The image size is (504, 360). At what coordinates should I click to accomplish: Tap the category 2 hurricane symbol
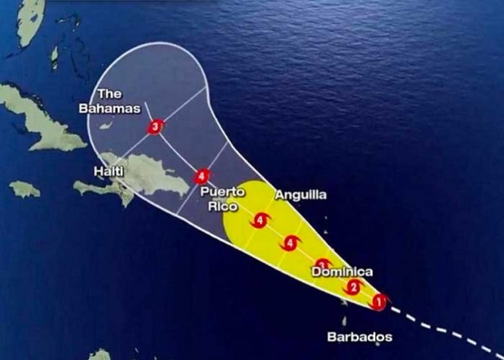[353, 288]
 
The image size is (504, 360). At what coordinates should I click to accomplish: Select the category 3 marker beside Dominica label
[324, 266]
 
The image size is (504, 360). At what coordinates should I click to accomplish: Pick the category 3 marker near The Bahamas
[154, 127]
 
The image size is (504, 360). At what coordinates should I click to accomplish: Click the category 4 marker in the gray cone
[202, 175]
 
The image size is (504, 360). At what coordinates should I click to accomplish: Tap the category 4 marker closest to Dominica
[291, 243]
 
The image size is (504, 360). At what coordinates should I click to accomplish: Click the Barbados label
[359, 337]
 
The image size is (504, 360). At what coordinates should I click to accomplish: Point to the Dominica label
[342, 272]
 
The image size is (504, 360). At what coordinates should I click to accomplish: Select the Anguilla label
[301, 195]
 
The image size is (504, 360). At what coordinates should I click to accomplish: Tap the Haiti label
[108, 171]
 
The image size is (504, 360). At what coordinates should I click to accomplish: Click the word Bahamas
[110, 108]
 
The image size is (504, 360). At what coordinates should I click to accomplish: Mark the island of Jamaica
[25, 189]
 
